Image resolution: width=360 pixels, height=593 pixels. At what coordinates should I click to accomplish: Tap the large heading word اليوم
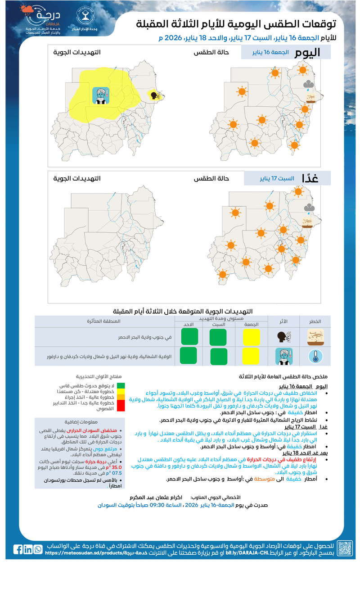point(307,53)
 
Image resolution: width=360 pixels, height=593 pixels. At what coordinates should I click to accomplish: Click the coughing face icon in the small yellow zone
point(154,95)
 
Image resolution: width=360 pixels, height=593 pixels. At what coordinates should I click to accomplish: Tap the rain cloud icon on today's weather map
point(309,84)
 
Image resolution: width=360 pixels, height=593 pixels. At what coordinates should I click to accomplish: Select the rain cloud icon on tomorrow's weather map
point(309,208)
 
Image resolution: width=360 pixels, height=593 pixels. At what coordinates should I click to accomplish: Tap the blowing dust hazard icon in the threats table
point(315,336)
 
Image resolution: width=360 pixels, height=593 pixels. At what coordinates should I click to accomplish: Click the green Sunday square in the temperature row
point(188,356)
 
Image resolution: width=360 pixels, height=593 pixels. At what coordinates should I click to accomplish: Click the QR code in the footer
point(345,549)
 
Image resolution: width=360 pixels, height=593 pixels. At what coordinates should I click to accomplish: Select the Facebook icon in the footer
point(18,549)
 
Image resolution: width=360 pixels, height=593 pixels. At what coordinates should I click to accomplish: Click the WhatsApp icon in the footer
point(38,549)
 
